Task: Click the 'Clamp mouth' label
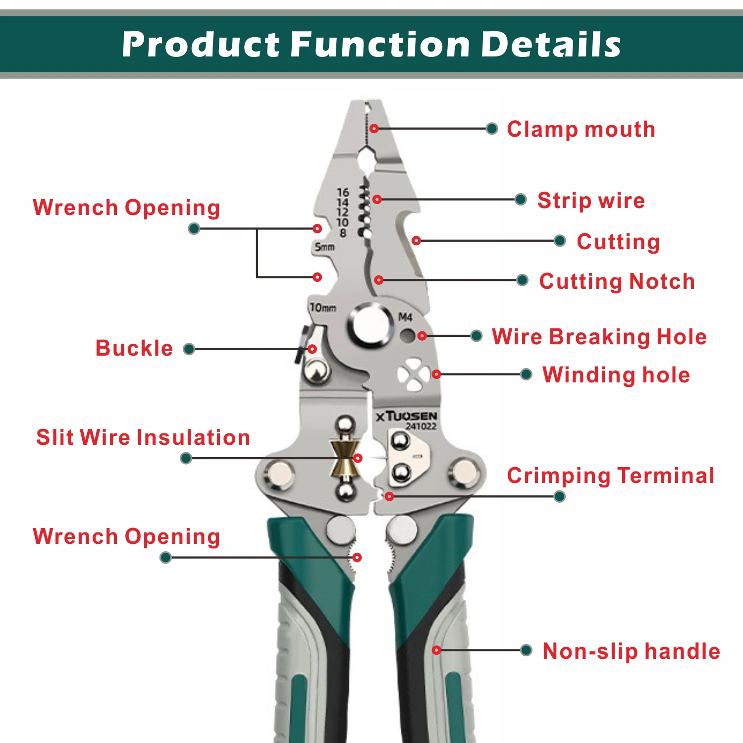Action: coord(581,130)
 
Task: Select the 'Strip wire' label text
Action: coord(591,201)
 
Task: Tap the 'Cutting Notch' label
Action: coord(617,281)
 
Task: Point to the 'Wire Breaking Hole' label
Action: coord(599,337)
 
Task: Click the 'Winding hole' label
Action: coord(616,375)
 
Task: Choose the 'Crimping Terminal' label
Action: coord(611,476)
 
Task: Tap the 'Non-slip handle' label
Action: coord(632,651)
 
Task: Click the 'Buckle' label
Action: coord(134,348)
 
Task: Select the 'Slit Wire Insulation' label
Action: coord(143,437)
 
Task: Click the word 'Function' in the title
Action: coord(380,45)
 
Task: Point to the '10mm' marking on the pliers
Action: coord(322,308)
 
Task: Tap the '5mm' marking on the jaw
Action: coord(325,246)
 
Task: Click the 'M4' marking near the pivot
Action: coord(405,317)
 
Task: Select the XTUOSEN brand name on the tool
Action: coord(406,416)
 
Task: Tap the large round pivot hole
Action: coord(371,324)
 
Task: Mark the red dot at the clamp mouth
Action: coord(374,128)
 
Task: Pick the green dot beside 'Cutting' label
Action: coord(560,241)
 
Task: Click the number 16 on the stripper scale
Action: coord(343,192)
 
